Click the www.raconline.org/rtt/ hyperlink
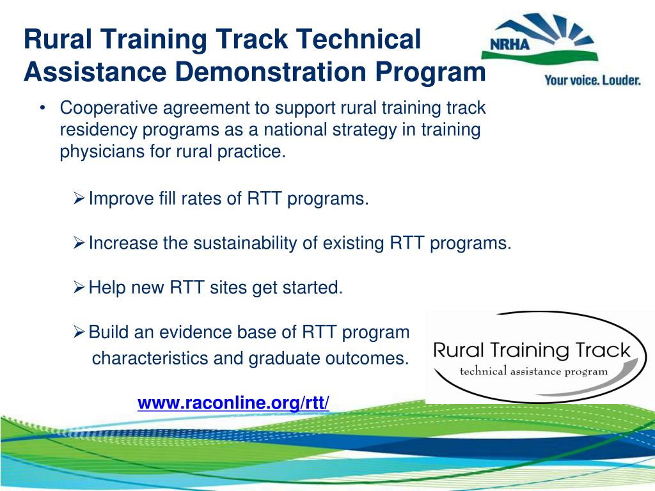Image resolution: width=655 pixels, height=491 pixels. click(x=233, y=403)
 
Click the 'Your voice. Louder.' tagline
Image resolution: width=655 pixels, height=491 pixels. click(x=592, y=81)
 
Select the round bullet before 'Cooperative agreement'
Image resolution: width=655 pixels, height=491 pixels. click(x=42, y=108)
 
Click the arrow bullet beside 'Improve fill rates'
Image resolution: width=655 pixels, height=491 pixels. click(x=79, y=199)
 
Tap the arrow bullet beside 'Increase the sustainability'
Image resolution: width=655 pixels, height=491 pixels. click(x=79, y=243)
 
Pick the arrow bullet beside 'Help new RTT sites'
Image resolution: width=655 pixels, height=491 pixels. click(x=79, y=288)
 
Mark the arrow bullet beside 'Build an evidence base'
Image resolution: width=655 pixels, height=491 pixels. click(x=79, y=332)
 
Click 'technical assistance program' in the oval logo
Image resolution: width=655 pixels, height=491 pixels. click(x=533, y=371)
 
